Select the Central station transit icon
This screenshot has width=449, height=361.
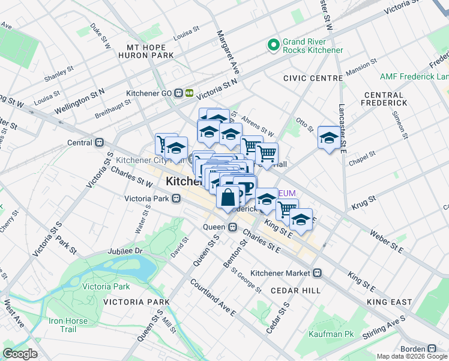pos(100,143)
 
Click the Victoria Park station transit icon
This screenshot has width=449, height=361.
pos(176,198)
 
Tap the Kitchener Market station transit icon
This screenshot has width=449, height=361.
pos(318,273)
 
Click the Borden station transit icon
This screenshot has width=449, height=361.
pos(431,348)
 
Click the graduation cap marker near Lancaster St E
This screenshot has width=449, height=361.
pos(329,138)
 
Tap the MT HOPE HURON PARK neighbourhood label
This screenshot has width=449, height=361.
pos(150,51)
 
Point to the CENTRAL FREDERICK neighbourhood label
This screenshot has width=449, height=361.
pos(384,99)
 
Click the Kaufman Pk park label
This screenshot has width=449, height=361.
pos(331,334)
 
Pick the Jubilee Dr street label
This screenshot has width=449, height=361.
pos(125,251)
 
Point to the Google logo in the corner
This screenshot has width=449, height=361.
pos(20,354)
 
